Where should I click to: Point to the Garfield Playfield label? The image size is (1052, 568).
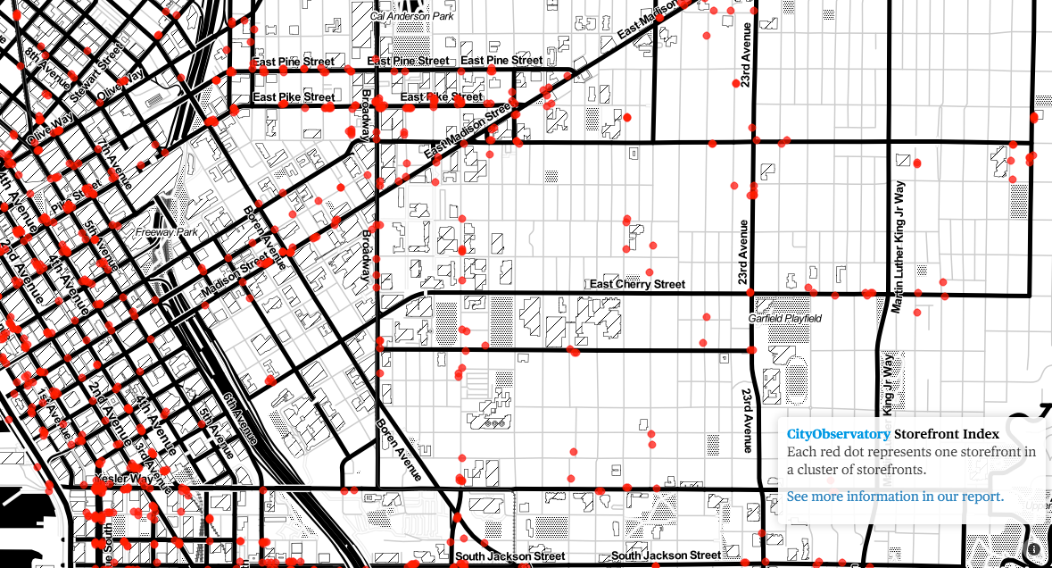784,318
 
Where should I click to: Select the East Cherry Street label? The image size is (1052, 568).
637,284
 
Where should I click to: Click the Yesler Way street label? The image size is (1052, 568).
123,479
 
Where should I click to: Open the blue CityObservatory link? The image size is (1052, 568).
838,434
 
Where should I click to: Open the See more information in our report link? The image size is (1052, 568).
895,497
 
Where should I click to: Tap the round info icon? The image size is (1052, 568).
1034,549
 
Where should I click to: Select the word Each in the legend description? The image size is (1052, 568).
801,452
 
